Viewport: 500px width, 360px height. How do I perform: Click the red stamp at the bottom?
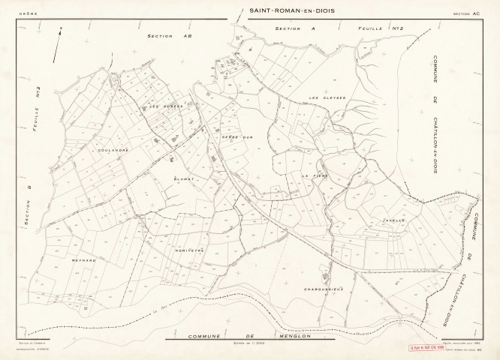(426, 348)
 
